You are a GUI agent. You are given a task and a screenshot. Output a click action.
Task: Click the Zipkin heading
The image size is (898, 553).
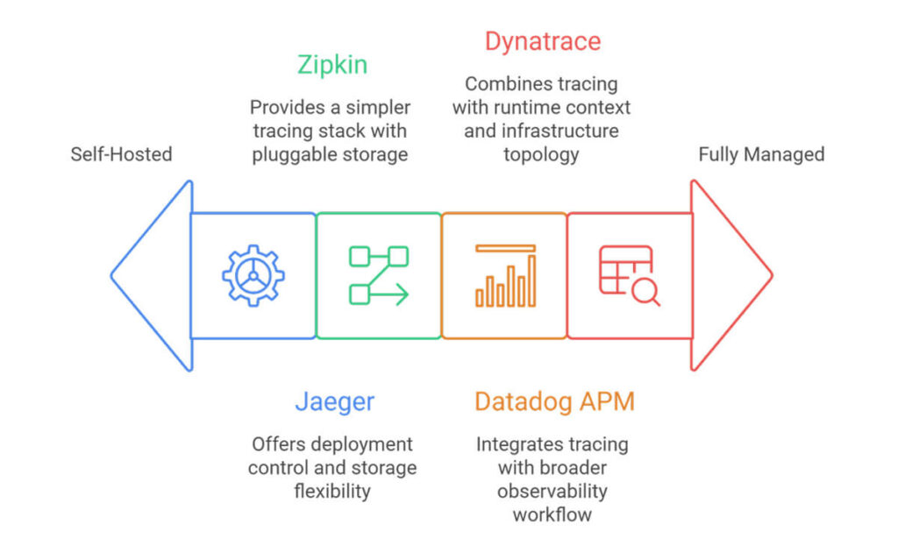pos(331,66)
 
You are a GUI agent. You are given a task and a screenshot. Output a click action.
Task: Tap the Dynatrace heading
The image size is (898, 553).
pos(543,41)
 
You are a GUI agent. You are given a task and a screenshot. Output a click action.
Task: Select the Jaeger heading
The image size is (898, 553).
pos(334,401)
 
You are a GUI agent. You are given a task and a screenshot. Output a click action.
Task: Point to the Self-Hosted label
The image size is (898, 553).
pos(121,154)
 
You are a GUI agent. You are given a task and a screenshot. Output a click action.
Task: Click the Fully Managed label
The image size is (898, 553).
pos(761,154)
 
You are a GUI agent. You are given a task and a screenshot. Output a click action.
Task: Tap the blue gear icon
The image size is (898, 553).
pos(253,275)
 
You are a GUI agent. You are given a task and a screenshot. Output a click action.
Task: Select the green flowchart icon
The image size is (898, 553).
pos(379,275)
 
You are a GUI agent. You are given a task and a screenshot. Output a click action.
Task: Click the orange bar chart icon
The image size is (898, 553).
pos(505,275)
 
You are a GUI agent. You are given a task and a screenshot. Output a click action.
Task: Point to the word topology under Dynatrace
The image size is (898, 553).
pos(541,155)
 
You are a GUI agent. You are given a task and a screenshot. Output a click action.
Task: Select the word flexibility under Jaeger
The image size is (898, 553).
pos(332,491)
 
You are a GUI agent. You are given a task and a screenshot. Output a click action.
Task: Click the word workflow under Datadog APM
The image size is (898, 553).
pos(552,514)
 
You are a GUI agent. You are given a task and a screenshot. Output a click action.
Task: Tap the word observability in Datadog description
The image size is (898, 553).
pos(552,491)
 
